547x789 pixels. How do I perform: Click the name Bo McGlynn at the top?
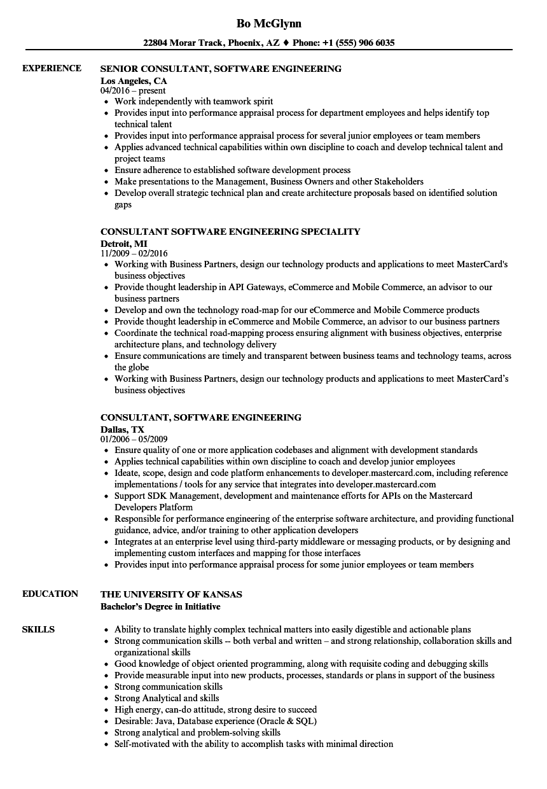(x=268, y=24)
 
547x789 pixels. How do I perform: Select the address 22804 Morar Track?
(x=183, y=43)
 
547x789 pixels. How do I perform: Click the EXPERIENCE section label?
(x=52, y=68)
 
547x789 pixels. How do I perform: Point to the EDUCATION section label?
(x=50, y=594)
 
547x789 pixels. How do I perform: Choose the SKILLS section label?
(x=38, y=629)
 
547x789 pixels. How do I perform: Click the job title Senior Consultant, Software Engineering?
(x=221, y=69)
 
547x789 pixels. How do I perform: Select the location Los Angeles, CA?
(x=134, y=81)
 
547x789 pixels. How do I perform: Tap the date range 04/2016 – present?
(x=134, y=91)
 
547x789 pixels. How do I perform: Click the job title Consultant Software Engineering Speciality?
(x=230, y=232)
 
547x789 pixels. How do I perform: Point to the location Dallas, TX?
(x=122, y=429)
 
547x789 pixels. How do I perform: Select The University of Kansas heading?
(x=171, y=594)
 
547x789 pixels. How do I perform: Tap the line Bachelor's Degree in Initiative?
(x=160, y=606)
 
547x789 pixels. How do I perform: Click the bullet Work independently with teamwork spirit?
(x=194, y=101)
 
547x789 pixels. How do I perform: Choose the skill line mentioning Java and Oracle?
(x=216, y=721)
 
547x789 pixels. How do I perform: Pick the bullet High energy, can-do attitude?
(x=216, y=709)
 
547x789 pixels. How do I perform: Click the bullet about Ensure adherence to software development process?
(x=232, y=170)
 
